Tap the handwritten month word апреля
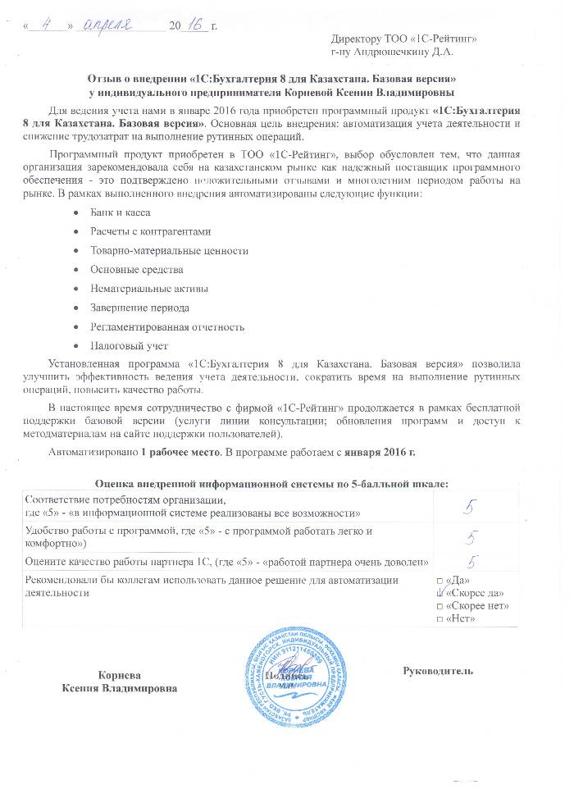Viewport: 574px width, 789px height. click(x=110, y=25)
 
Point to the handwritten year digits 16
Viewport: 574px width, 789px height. click(x=195, y=25)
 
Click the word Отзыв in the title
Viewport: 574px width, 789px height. click(x=107, y=80)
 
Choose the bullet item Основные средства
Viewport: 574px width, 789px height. click(x=137, y=269)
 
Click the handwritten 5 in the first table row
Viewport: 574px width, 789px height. click(x=469, y=507)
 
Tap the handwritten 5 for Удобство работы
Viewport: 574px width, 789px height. click(x=471, y=536)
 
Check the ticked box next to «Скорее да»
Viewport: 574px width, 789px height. click(x=441, y=592)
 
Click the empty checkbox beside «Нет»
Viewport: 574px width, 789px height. click(x=441, y=618)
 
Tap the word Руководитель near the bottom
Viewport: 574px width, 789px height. click(x=438, y=670)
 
